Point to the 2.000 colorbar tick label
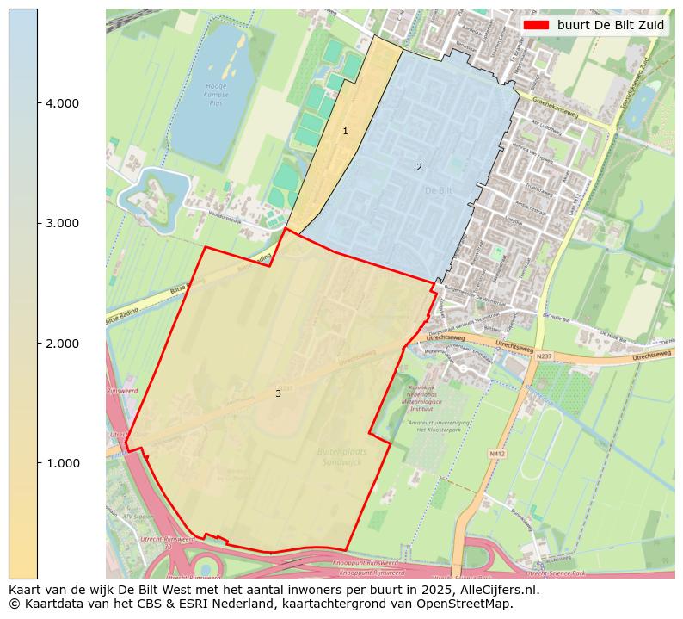click(62, 344)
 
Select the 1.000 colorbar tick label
click(62, 463)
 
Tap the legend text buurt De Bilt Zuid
click(610, 25)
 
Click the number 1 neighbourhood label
click(345, 132)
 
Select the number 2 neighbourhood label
click(419, 167)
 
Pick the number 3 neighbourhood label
click(278, 393)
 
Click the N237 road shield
click(544, 356)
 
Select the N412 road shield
click(497, 453)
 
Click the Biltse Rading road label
click(123, 318)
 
